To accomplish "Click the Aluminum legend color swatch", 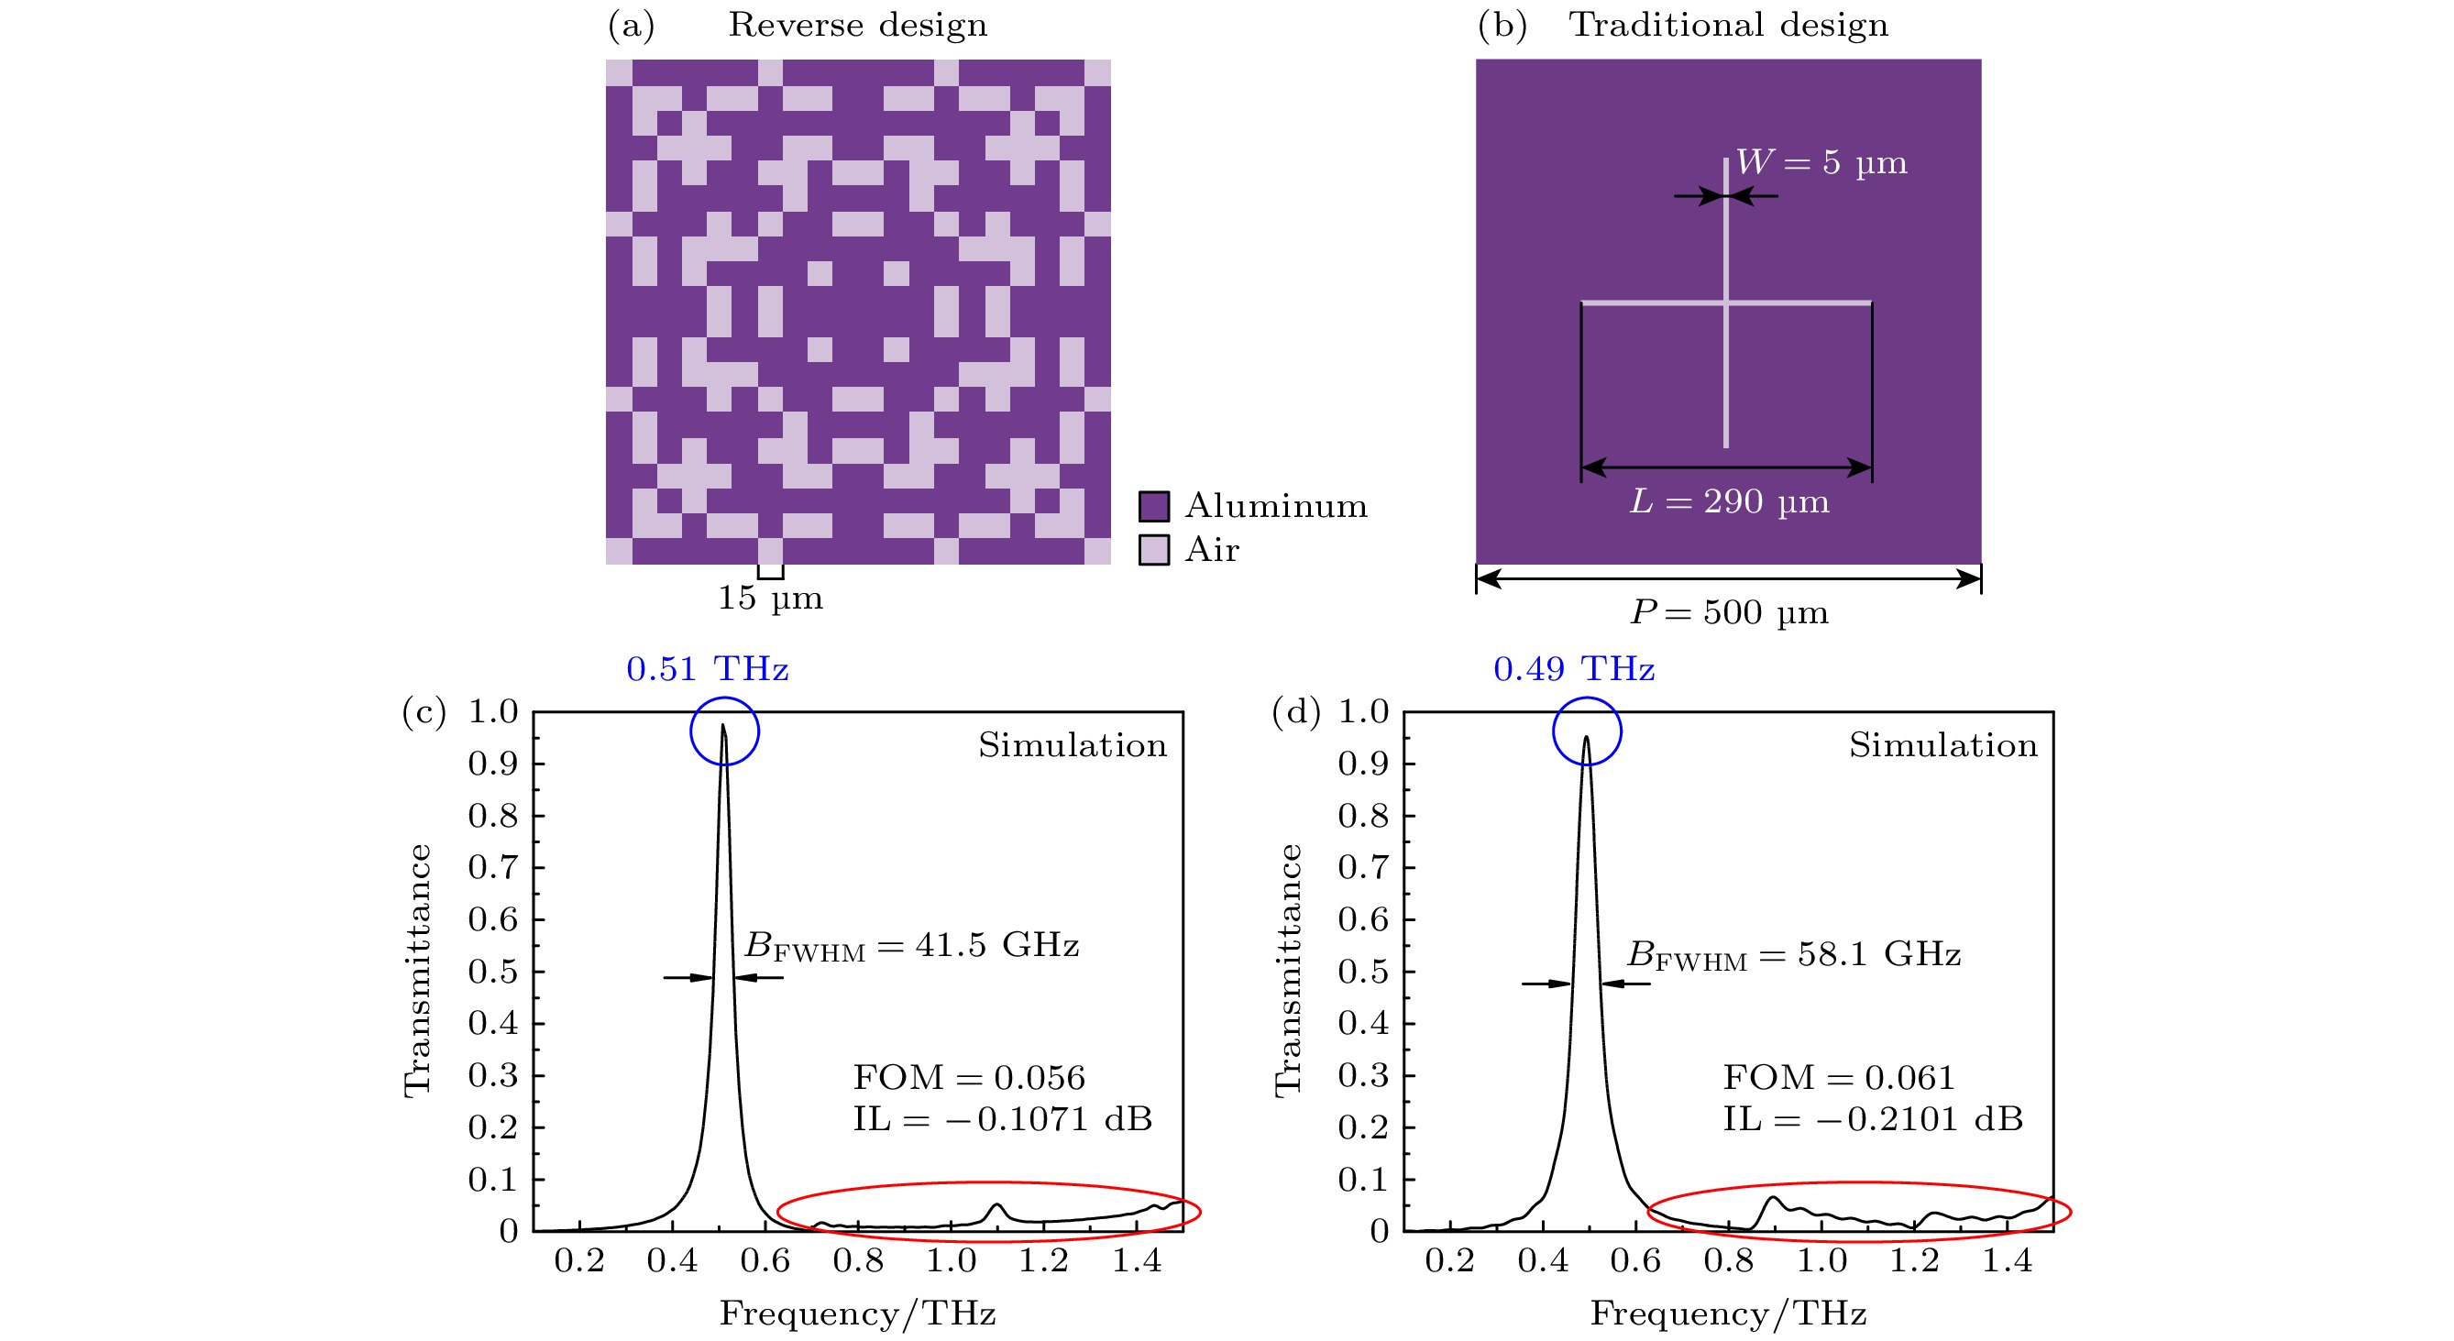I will coord(1153,506).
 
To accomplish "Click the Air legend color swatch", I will coord(1153,550).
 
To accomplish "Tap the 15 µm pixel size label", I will coord(770,599).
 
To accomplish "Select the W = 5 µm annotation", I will coord(1821,163).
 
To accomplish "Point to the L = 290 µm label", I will coord(1729,501).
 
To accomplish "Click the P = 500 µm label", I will coord(1729,612).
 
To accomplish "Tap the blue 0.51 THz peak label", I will coord(707,669).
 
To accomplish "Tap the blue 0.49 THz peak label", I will coord(1574,669).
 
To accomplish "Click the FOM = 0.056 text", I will coord(969,1077).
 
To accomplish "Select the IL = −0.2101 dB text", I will coord(1873,1119).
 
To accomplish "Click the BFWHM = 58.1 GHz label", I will coord(1794,954).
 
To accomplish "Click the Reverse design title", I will coord(857,25).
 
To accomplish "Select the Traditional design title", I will coord(1728,25).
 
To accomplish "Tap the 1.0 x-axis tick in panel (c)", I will coord(951,1261).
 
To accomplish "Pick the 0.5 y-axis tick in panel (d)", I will coord(1363,973).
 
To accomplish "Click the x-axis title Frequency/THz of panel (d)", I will coord(1728,1314).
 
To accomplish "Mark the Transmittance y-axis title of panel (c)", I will coord(418,971).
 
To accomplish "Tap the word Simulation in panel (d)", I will coord(1943,745).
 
